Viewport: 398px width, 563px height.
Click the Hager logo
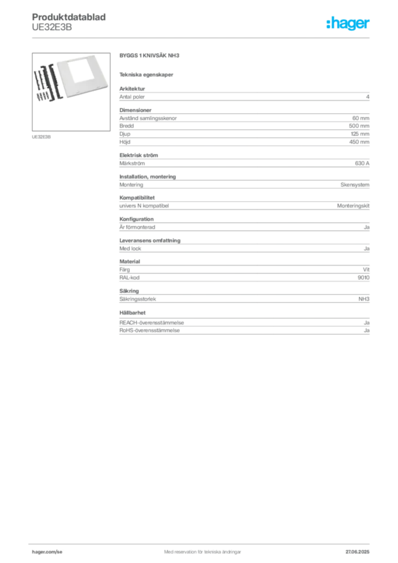348,23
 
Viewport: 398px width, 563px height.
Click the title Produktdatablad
69,17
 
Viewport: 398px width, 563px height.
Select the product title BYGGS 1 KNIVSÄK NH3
150,56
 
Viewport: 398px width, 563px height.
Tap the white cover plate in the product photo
83,75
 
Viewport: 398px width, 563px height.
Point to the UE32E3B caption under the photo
41,137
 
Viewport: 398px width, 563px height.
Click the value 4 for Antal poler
368,97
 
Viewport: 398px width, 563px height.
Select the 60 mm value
361,118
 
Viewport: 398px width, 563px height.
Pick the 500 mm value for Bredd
359,126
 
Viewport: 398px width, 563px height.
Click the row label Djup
125,134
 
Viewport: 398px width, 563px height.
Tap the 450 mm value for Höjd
359,142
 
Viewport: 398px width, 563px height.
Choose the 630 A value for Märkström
362,163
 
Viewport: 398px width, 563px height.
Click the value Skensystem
355,185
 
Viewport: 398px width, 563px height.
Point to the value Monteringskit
353,206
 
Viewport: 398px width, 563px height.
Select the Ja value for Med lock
367,249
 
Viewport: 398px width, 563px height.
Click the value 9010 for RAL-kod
363,278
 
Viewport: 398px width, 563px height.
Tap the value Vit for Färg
366,269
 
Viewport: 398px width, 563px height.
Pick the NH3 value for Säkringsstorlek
364,299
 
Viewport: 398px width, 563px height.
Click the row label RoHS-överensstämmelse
150,330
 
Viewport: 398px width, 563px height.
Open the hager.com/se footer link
47,552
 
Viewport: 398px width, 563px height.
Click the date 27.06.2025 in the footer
357,552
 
